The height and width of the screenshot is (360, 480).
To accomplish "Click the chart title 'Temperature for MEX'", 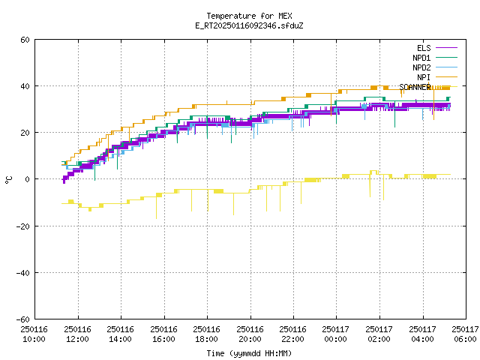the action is (x=249, y=16).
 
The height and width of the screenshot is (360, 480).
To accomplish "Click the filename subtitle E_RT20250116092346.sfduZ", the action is (x=249, y=25).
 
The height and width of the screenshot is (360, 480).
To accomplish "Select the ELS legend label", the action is (x=424, y=48).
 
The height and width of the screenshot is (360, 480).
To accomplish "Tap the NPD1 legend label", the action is (x=421, y=58).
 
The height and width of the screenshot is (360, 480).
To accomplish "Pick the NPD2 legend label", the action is (x=421, y=67).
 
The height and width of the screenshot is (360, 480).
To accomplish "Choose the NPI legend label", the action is (x=424, y=77).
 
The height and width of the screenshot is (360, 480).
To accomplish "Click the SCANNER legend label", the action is (x=415, y=87).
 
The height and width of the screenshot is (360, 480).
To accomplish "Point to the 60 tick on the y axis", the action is (x=25, y=40).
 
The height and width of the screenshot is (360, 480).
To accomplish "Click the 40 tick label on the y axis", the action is (x=25, y=86).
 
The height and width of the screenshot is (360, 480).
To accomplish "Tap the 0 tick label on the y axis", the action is (x=28, y=179).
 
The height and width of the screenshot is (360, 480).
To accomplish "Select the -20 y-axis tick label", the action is (x=23, y=226).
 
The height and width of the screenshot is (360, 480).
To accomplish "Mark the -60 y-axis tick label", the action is (x=23, y=319).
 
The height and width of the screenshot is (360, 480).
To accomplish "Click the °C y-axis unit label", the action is (x=8, y=180).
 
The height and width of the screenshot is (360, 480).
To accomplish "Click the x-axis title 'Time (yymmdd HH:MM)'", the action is (x=249, y=353).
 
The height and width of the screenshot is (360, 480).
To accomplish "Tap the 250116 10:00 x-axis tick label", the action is (x=34, y=334).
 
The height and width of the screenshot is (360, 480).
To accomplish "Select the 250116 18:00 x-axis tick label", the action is (x=207, y=334).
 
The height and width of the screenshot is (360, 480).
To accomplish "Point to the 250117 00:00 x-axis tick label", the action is (x=336, y=334).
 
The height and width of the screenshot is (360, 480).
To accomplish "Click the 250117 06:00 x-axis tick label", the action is (x=465, y=334).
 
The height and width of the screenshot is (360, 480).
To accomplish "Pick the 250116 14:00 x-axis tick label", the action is (x=120, y=334).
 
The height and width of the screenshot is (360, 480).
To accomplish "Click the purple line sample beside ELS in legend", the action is (x=446, y=48).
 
